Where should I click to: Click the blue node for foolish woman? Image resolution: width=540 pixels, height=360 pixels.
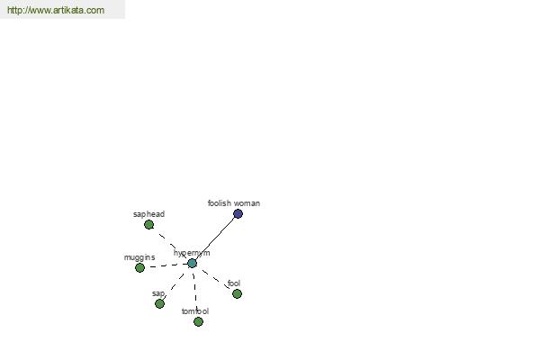pyautogui.click(x=238, y=214)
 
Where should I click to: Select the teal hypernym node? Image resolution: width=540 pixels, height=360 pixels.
pyautogui.click(x=193, y=263)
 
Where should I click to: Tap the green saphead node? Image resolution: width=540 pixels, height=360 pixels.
pyautogui.click(x=148, y=225)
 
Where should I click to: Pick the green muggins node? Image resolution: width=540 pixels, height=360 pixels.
pyautogui.click(x=139, y=267)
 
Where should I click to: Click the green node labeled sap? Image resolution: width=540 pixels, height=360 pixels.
pyautogui.click(x=160, y=303)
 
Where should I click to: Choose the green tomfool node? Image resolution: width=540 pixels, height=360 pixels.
pyautogui.click(x=198, y=322)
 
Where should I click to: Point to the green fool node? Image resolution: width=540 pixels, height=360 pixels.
pyautogui.click(x=237, y=294)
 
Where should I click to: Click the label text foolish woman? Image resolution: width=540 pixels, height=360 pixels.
pyautogui.click(x=234, y=203)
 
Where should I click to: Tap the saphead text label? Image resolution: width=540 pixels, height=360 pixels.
pyautogui.click(x=148, y=214)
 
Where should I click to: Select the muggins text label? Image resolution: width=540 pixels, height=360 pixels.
pyautogui.click(x=139, y=257)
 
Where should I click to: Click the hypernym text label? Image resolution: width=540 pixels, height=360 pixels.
pyautogui.click(x=192, y=253)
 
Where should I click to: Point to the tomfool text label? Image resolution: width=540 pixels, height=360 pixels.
pyautogui.click(x=195, y=311)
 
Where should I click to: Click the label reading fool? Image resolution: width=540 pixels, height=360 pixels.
pyautogui.click(x=234, y=283)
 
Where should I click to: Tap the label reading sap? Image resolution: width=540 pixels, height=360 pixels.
pyautogui.click(x=158, y=293)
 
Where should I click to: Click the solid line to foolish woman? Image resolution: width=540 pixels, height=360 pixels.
pyautogui.click(x=215, y=238)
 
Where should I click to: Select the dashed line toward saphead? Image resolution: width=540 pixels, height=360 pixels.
pyautogui.click(x=170, y=244)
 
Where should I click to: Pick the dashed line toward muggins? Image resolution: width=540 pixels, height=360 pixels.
pyautogui.click(x=166, y=265)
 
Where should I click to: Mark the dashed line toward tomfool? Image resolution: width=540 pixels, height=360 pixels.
pyautogui.click(x=195, y=292)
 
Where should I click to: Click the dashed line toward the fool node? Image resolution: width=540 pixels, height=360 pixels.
pyautogui.click(x=214, y=279)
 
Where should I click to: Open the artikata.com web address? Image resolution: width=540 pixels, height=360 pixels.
pyautogui.click(x=56, y=10)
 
